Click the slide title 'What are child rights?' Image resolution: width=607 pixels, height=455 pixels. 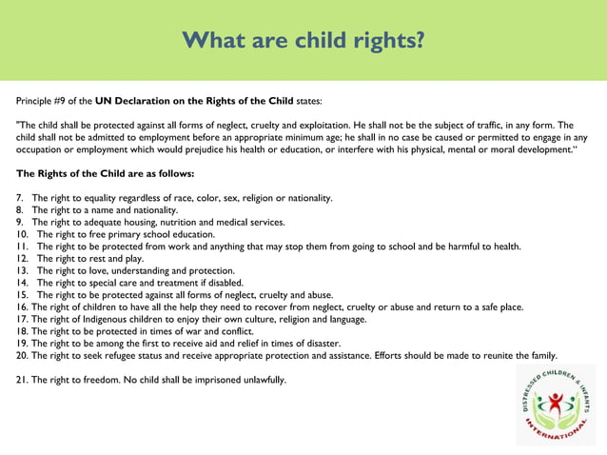tap(303, 41)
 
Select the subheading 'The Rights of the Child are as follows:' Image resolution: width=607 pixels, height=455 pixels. tap(106, 174)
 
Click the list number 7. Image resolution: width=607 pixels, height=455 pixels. tap(19, 198)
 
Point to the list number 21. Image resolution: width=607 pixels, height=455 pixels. tap(23, 380)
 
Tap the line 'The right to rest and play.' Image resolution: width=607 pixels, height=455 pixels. tap(90, 258)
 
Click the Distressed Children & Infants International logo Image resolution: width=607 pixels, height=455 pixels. tap(555, 404)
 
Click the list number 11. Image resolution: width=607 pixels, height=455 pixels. tap(22, 247)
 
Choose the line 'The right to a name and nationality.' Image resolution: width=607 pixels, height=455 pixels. tap(105, 210)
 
